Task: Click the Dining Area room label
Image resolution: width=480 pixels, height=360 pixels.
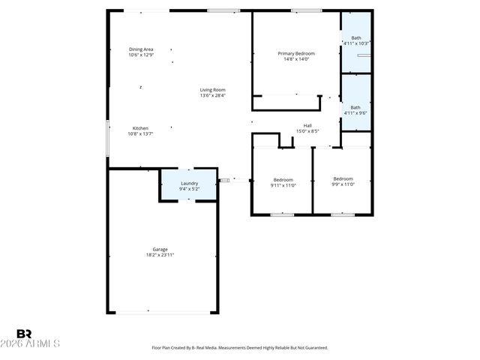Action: (x=140, y=49)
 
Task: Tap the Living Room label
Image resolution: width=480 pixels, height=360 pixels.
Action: (x=212, y=90)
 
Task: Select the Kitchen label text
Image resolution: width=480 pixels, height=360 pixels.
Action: (x=140, y=128)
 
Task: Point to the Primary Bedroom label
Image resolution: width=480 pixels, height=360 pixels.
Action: (x=296, y=53)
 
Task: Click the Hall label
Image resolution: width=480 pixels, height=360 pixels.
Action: (x=307, y=125)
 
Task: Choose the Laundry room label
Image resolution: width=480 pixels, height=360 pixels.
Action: (x=189, y=184)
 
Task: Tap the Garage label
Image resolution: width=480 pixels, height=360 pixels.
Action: (x=160, y=249)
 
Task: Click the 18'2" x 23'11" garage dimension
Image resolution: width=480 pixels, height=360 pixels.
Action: (x=160, y=255)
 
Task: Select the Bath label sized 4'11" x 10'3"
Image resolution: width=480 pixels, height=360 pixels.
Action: (x=356, y=37)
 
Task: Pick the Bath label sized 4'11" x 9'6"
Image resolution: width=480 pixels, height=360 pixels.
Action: (x=356, y=107)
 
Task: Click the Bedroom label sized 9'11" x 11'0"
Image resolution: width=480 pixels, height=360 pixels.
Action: (x=283, y=179)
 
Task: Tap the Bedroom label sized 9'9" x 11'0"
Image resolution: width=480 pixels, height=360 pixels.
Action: (x=343, y=178)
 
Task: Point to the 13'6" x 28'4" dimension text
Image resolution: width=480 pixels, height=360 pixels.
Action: (x=212, y=95)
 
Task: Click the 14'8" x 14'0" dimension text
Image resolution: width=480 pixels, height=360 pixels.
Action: (x=296, y=59)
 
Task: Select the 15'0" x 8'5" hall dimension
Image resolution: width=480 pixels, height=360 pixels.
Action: (x=307, y=131)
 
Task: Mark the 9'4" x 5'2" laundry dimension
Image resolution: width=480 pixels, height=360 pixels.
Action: (x=189, y=190)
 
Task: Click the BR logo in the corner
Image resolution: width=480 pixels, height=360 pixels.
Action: (x=24, y=334)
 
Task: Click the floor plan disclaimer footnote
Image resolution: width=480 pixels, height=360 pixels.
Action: (x=240, y=348)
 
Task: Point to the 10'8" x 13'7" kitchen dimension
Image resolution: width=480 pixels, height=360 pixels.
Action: (x=140, y=134)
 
